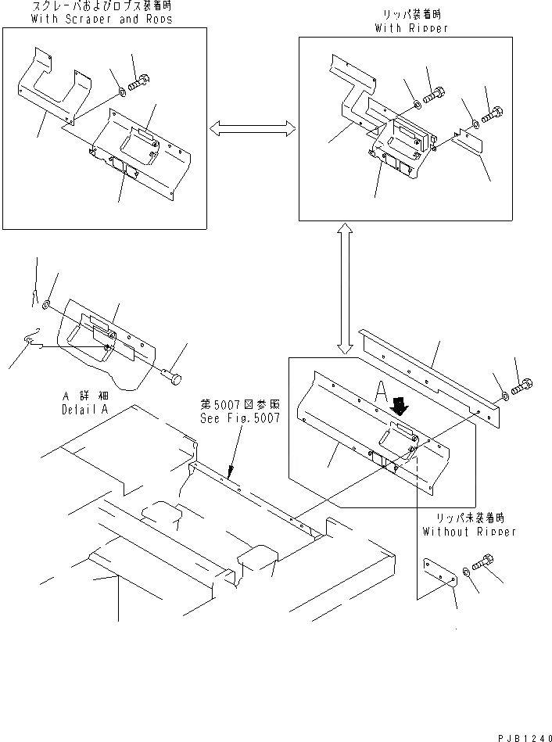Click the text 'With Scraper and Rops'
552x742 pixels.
(102, 19)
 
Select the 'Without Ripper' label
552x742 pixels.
(469, 532)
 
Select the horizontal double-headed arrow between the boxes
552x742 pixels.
(253, 127)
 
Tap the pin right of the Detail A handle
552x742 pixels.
(174, 380)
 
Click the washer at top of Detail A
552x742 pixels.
(47, 303)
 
